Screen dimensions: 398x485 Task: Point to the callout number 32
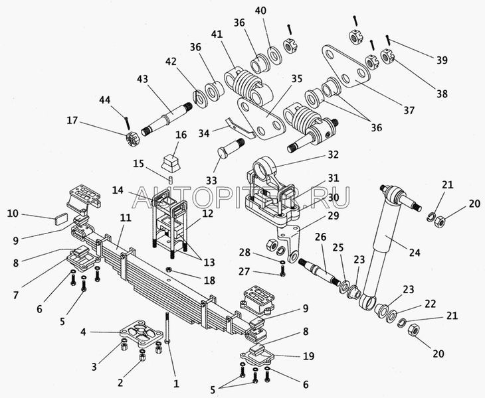(333, 154)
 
